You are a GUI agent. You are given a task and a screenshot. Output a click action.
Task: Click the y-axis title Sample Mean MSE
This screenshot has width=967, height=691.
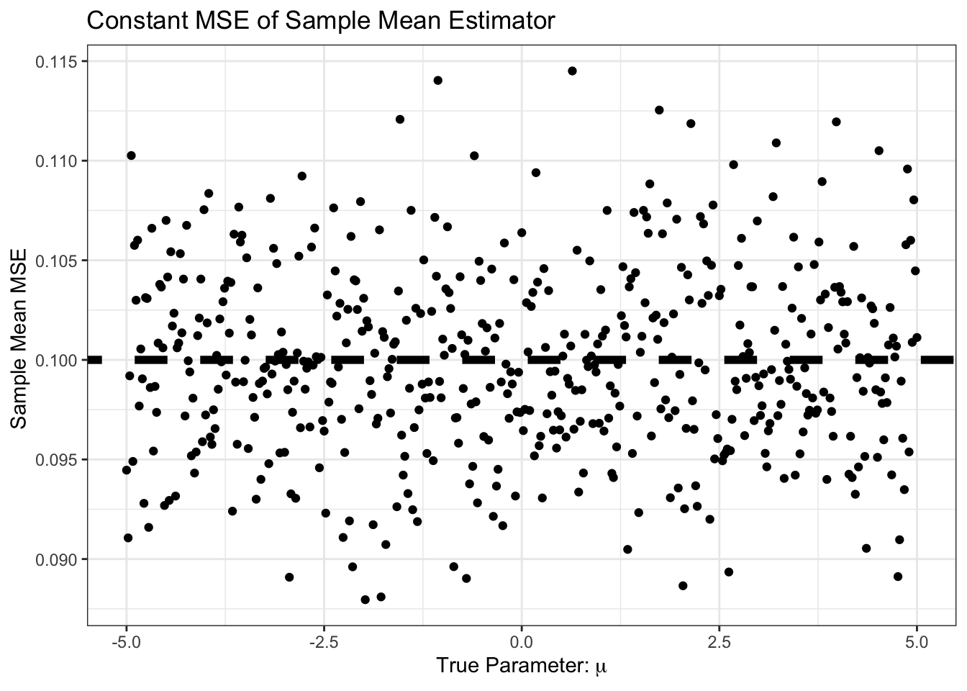click(x=19, y=338)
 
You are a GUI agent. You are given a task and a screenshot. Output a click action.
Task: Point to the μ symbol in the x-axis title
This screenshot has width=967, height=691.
click(x=601, y=669)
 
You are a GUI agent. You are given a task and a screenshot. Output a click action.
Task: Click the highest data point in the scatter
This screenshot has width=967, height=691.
click(x=572, y=71)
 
